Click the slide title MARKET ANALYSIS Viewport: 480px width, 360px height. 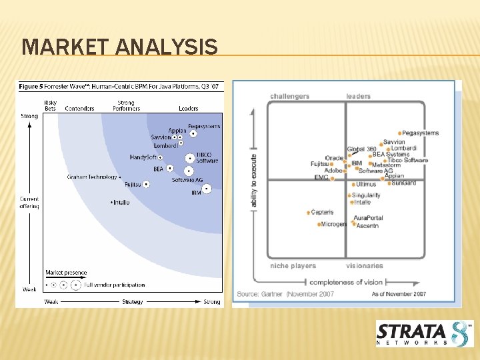pyautogui.click(x=119, y=47)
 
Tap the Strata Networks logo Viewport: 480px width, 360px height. pyautogui.click(x=425, y=333)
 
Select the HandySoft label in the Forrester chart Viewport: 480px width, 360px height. pyautogui.click(x=143, y=157)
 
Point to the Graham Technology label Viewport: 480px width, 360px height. pyautogui.click(x=92, y=177)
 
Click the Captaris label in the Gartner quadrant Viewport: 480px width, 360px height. pyautogui.click(x=322, y=213)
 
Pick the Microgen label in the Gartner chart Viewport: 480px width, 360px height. pyautogui.click(x=333, y=225)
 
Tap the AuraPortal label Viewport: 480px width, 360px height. pyautogui.click(x=368, y=218)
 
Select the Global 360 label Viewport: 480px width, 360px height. pyautogui.click(x=361, y=149)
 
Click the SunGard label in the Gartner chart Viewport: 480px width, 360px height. pyautogui.click(x=403, y=183)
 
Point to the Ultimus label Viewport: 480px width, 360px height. pyautogui.click(x=366, y=185)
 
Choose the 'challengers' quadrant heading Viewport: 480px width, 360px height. pyautogui.click(x=289, y=97)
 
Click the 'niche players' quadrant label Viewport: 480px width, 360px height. pyautogui.click(x=293, y=266)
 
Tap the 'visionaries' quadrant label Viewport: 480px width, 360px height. pyautogui.click(x=365, y=266)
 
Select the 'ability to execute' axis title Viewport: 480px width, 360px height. pyautogui.click(x=254, y=181)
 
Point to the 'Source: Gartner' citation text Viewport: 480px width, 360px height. pyautogui.click(x=266, y=294)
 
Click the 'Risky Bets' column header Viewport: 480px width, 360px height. pyautogui.click(x=50, y=105)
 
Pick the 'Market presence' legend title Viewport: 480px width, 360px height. pyautogui.click(x=66, y=273)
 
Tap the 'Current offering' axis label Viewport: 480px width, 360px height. pyautogui.click(x=29, y=203)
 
